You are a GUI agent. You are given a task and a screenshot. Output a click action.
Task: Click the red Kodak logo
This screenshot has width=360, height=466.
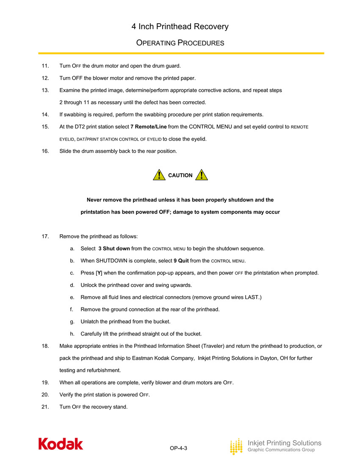(x=61, y=444)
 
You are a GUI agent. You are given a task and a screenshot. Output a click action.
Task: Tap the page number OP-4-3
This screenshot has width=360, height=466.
(x=178, y=448)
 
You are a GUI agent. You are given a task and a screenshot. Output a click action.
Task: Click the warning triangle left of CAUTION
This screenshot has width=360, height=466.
(x=159, y=175)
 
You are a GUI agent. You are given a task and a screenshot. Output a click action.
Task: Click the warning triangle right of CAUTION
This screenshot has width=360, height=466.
(x=202, y=175)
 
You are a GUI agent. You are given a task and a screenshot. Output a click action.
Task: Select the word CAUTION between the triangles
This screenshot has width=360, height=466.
(x=180, y=175)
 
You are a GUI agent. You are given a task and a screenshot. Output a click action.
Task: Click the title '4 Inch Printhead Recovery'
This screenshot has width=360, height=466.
(x=180, y=27)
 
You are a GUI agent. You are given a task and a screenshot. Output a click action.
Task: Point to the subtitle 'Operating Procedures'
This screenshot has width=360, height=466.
(x=180, y=43)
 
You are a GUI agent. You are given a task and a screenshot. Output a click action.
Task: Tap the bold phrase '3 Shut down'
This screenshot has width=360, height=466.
(x=114, y=248)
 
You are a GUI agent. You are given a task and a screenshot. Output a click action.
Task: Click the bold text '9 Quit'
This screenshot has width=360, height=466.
(x=181, y=261)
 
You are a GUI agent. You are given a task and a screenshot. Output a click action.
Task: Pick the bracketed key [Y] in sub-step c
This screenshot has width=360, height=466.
(x=99, y=273)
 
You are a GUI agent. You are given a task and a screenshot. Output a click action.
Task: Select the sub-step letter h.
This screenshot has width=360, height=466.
(x=72, y=334)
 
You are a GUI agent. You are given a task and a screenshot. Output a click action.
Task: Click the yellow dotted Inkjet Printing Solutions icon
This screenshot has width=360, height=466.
(x=236, y=447)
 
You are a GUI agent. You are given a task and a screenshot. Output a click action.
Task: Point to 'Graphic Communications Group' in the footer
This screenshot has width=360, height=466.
(x=281, y=450)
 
